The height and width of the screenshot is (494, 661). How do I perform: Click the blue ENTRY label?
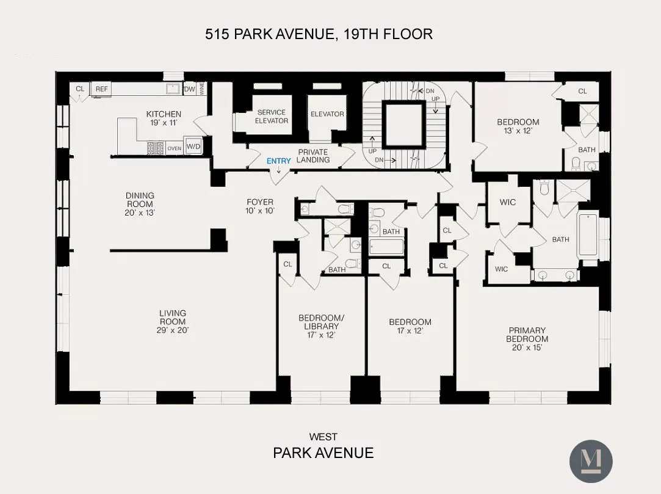279,161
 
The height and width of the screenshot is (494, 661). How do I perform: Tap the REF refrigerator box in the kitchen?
101,89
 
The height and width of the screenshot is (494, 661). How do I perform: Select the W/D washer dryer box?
193,147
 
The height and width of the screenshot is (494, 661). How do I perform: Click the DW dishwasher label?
189,89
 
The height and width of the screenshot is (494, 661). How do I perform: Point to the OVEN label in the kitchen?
174,148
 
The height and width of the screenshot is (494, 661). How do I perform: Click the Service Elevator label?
272,116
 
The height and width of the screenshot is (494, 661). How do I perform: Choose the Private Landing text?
313,156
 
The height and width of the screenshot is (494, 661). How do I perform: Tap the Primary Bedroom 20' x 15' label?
527,339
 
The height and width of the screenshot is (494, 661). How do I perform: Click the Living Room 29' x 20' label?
172,322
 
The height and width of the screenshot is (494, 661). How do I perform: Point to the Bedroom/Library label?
321,326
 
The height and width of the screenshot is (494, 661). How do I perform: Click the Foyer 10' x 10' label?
260,206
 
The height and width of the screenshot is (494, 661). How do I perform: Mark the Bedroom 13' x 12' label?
518,126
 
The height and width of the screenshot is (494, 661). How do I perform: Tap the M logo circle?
590,461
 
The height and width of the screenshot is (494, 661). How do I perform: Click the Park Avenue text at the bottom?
323,452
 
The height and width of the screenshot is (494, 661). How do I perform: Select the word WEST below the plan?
323,437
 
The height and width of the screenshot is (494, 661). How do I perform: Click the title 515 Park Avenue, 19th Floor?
319,34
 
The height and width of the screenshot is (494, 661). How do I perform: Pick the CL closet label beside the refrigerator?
80,89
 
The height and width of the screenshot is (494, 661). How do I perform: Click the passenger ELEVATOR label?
327,114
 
